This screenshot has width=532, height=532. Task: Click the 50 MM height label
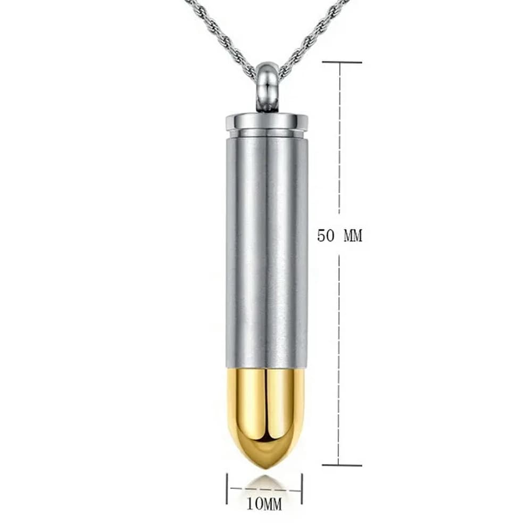(339, 235)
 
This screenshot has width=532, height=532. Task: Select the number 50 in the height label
(326, 235)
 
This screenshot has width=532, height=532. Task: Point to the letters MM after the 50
(352, 235)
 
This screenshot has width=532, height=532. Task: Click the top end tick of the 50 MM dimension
(341, 63)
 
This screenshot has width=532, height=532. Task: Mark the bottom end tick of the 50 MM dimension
(341, 465)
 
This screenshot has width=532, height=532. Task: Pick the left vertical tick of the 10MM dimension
(227, 488)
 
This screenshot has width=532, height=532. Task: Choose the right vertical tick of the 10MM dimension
(302, 488)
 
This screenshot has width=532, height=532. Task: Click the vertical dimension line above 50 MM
(339, 138)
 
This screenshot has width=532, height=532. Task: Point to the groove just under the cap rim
(267, 134)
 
